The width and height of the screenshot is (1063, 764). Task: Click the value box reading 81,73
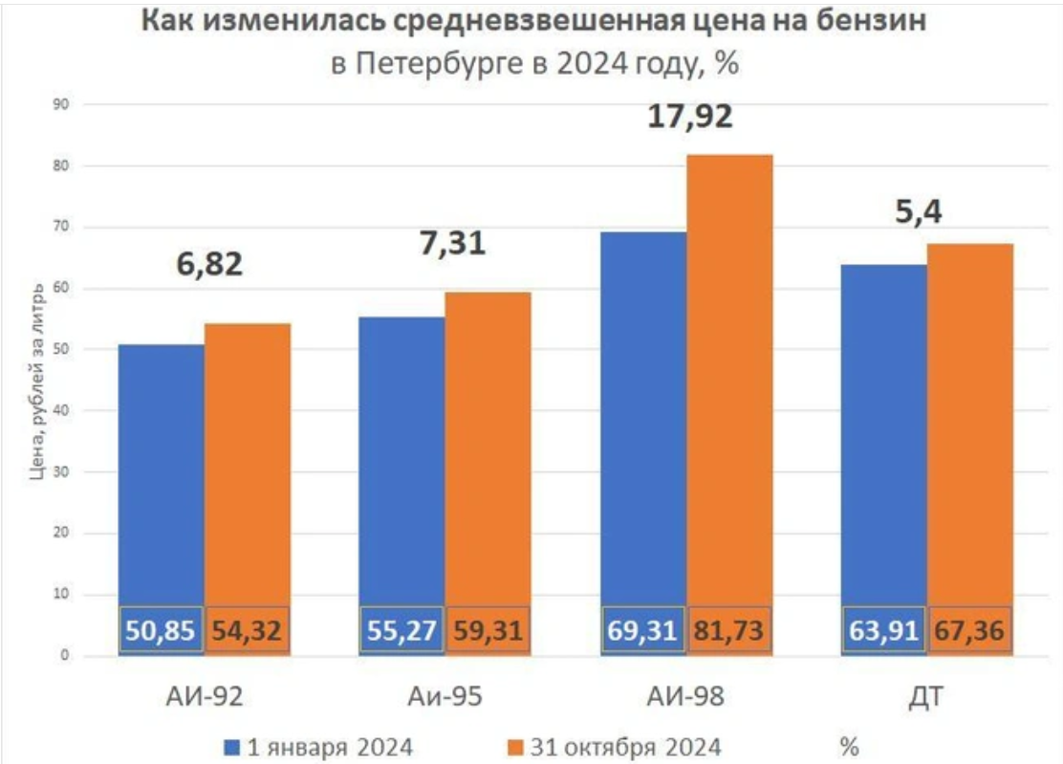(x=729, y=631)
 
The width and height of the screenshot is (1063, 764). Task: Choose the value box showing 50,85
(x=162, y=631)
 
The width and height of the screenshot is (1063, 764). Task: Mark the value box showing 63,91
(x=883, y=631)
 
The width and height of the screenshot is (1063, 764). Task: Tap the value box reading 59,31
(x=488, y=631)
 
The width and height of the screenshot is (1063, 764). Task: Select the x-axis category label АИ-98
(x=684, y=696)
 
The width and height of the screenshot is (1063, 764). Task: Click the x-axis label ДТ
(x=926, y=696)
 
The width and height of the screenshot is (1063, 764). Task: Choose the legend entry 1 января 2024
(x=320, y=745)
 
